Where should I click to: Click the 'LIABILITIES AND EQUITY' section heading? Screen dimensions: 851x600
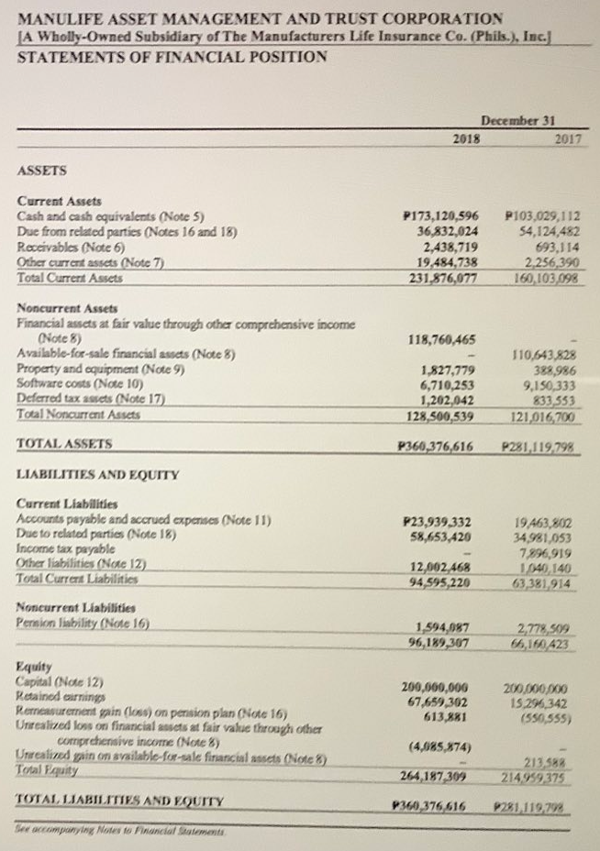[97, 474]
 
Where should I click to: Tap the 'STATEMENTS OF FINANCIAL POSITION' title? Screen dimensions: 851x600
[172, 57]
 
